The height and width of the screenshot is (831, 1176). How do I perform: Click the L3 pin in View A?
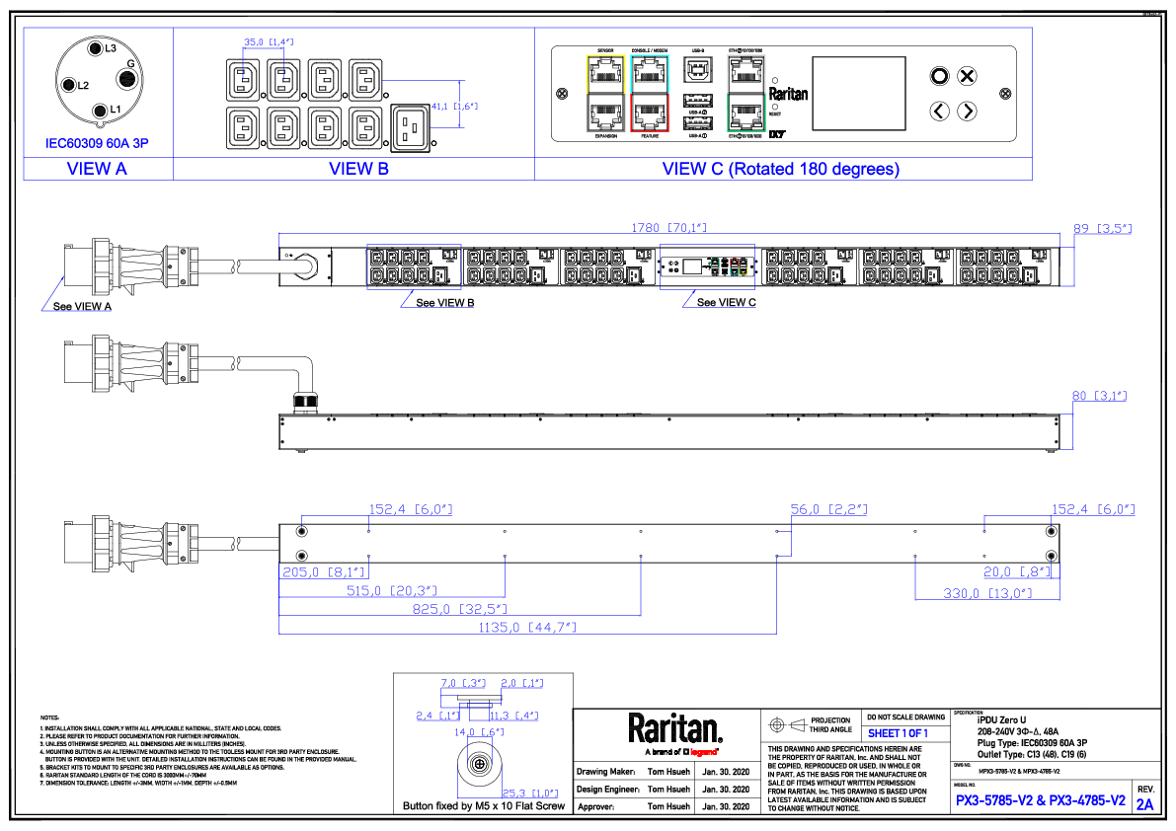95,48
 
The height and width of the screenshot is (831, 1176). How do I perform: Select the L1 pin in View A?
99,110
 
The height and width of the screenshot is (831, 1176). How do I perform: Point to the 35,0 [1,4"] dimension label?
268,42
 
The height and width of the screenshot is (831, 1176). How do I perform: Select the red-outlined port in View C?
650,113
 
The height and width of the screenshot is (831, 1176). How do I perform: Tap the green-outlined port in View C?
745,112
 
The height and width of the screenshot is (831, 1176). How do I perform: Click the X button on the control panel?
968,76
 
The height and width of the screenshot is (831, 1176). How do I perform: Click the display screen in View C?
858,93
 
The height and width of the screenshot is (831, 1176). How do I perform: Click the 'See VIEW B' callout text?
444,303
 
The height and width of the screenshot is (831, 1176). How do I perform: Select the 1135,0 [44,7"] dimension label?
527,627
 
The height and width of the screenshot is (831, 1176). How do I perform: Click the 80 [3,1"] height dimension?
1099,396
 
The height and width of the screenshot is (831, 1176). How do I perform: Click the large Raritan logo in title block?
675,729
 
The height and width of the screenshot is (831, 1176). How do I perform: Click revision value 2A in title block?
1144,805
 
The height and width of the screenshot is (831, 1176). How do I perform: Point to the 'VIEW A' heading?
97,169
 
